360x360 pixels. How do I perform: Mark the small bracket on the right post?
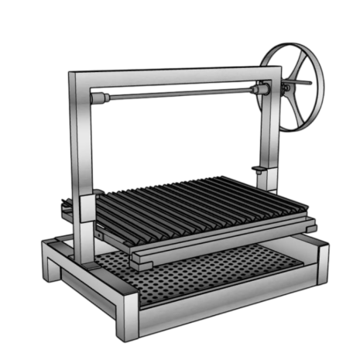(x=259, y=169)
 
